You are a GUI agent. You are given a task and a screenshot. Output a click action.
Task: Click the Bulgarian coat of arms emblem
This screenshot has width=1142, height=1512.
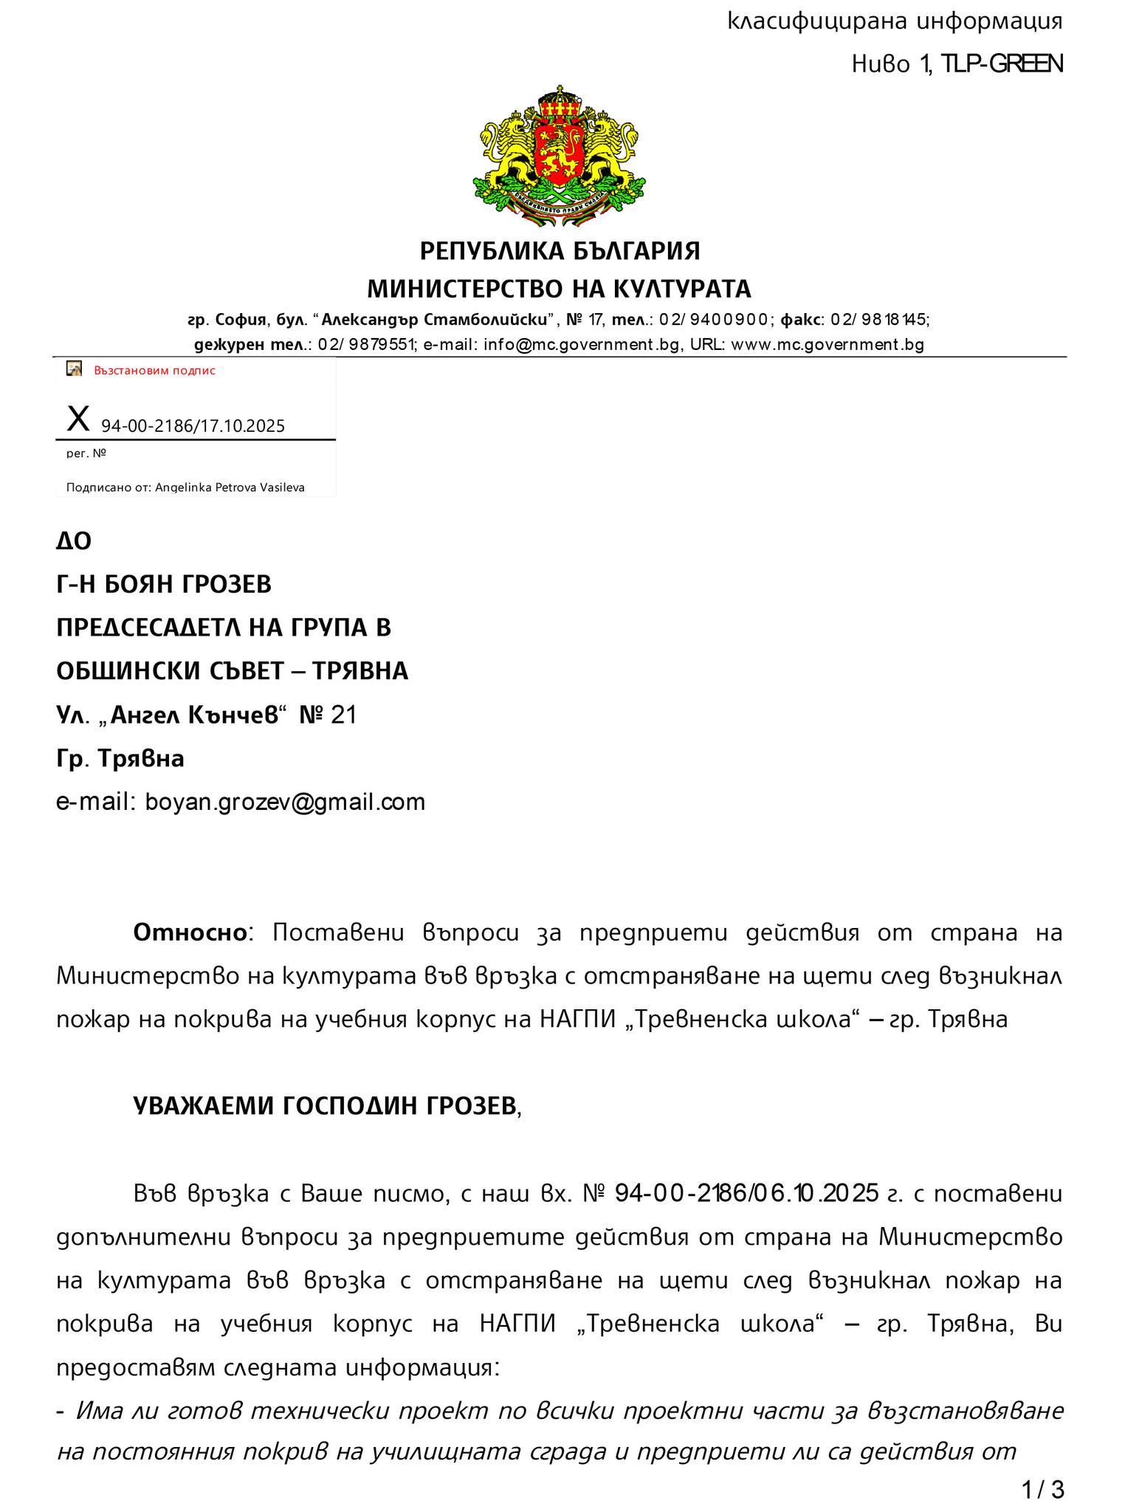click(560, 157)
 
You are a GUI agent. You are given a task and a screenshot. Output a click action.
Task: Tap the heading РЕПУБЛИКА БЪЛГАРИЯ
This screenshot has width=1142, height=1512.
click(560, 251)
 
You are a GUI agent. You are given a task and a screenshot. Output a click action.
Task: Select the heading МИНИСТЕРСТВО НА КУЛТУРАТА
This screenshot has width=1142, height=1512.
click(560, 288)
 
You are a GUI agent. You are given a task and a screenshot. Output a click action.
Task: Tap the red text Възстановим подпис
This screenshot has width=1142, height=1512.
click(154, 371)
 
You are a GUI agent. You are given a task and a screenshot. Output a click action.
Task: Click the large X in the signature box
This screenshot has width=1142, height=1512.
click(78, 419)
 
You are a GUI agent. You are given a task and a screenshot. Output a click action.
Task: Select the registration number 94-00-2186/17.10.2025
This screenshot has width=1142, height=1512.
click(193, 426)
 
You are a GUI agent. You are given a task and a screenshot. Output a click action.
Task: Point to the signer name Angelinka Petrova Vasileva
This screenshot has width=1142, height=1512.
click(230, 487)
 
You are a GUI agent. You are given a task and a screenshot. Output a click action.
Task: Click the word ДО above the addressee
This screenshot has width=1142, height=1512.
click(74, 542)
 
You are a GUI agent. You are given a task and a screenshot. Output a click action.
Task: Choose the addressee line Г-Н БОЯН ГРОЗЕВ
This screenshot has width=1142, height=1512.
click(164, 585)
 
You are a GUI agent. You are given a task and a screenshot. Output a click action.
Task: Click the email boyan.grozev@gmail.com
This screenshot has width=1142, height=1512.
click(285, 802)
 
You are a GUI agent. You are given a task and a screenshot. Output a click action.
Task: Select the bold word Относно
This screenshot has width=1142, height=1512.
click(189, 932)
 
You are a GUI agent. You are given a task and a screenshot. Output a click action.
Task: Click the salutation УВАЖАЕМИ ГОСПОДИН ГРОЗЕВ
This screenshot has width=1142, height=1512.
click(326, 1106)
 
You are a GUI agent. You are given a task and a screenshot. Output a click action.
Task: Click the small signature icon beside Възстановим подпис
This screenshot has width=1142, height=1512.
click(75, 369)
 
